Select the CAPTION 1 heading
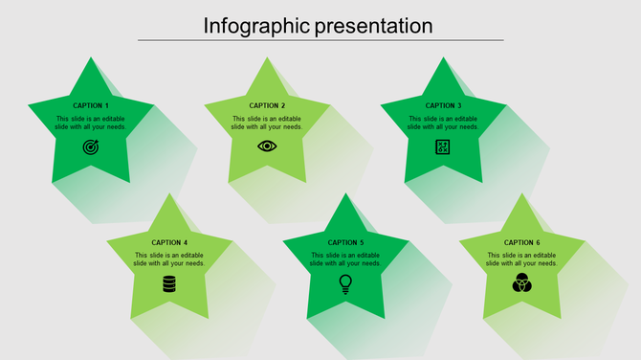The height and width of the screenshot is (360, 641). (x=91, y=105)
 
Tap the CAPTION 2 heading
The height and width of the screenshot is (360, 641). (x=267, y=105)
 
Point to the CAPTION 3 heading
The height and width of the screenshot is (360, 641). (x=443, y=105)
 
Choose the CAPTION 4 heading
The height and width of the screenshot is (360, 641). (x=169, y=242)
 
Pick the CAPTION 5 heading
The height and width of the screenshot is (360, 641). (x=345, y=242)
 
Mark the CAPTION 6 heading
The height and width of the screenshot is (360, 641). (x=521, y=242)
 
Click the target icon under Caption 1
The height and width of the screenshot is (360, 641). (x=91, y=146)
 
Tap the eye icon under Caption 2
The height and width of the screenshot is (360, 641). (x=267, y=146)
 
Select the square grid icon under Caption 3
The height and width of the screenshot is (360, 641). (x=443, y=146)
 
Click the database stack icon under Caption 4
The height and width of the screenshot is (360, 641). (x=169, y=283)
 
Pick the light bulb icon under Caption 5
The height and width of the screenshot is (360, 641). (x=345, y=283)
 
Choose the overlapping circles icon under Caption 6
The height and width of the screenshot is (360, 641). (x=521, y=283)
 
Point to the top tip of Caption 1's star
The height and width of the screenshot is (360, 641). (x=91, y=58)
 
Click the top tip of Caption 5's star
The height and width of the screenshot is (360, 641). (x=345, y=195)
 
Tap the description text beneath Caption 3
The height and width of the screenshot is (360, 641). (x=443, y=123)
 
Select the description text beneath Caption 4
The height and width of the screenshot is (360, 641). (x=169, y=259)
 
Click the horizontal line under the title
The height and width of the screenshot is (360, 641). (x=320, y=40)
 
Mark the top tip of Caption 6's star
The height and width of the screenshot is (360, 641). (x=521, y=195)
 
